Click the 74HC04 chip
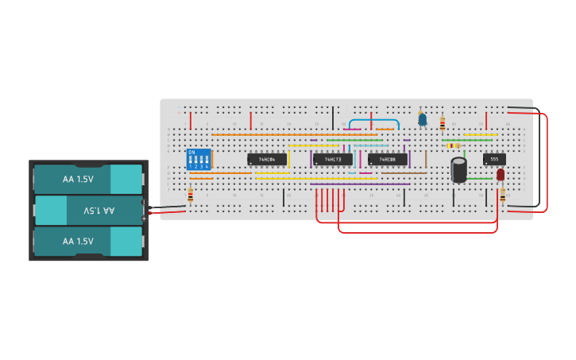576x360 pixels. coord(267,159)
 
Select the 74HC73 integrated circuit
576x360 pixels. coord(332,159)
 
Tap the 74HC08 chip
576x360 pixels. coord(388,159)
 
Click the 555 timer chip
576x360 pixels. coord(494,159)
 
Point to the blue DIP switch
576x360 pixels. coord(199,161)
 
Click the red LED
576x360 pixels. coord(501,175)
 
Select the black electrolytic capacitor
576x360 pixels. coord(458,170)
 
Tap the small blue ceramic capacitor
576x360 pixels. coord(423,120)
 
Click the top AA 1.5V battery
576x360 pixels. coord(87,179)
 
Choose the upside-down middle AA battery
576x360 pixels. coord(87,211)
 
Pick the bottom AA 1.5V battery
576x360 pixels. coord(87,241)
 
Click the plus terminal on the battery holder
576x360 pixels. coord(144,217)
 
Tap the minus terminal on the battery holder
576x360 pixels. coord(144,208)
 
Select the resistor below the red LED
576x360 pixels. coord(502,195)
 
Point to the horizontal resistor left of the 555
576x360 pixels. coord(453,145)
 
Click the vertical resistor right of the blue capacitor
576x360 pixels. coord(443,123)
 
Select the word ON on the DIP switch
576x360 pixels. coord(191,153)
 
